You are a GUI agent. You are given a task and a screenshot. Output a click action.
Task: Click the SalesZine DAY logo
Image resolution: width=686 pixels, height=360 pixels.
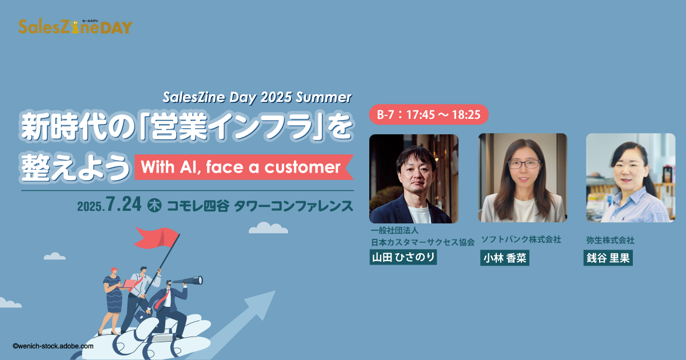[x=75, y=27]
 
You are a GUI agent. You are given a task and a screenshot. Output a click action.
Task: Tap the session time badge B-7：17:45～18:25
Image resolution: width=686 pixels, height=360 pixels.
[x=428, y=114]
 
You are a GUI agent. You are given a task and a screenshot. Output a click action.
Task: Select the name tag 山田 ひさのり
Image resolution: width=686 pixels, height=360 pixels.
[x=403, y=257]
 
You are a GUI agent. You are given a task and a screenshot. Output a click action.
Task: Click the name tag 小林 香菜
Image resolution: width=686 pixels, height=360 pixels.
[x=504, y=258]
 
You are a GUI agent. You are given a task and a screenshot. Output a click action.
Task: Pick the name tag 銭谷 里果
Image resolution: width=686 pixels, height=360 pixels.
[x=608, y=258]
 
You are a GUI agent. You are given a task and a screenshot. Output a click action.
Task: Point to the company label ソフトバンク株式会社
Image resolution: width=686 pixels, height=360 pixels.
[x=521, y=239]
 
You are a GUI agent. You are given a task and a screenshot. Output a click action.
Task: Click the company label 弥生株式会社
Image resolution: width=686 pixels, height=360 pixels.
[x=610, y=241]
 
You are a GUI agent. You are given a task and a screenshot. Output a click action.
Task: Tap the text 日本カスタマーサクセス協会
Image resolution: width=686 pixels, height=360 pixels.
[x=422, y=242]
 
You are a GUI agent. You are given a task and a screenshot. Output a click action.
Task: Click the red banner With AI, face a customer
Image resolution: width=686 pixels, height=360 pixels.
[x=244, y=167]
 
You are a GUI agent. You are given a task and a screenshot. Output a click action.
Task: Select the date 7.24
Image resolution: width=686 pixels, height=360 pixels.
[x=123, y=204]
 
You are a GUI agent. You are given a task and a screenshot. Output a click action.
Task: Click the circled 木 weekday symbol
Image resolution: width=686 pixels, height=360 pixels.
[x=154, y=205]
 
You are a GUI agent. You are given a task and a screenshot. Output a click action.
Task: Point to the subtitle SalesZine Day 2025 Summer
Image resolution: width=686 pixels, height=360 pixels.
[x=257, y=97]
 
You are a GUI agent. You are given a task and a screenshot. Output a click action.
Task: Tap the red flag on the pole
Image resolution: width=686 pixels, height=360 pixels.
[x=157, y=238]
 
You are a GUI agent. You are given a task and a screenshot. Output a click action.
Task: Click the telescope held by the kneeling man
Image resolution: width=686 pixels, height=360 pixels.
[x=188, y=281]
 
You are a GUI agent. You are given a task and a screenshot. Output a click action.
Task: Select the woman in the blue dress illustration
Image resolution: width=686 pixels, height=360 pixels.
[x=112, y=301]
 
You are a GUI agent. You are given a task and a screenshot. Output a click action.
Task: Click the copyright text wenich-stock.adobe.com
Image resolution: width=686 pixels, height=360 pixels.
[x=53, y=346]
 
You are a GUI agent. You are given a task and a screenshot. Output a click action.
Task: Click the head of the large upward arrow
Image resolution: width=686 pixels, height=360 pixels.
[x=263, y=302]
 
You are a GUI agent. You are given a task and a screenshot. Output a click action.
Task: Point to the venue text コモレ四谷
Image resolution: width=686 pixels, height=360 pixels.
[x=198, y=206]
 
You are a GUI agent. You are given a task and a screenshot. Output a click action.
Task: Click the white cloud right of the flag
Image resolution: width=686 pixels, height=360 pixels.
[x=268, y=228]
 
